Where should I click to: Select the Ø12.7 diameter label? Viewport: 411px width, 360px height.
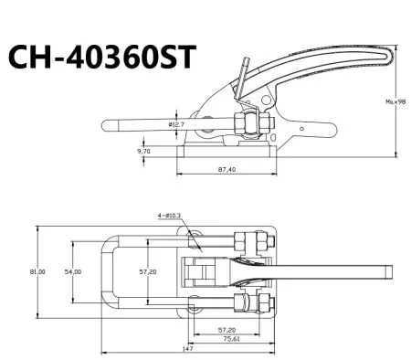[x=178, y=122]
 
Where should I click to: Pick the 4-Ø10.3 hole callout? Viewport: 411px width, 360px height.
[x=169, y=216]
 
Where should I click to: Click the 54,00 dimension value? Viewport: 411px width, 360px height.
[x=72, y=271]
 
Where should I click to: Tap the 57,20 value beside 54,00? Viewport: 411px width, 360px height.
[x=145, y=271]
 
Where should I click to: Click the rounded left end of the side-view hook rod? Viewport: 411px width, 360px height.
[x=105, y=123]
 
